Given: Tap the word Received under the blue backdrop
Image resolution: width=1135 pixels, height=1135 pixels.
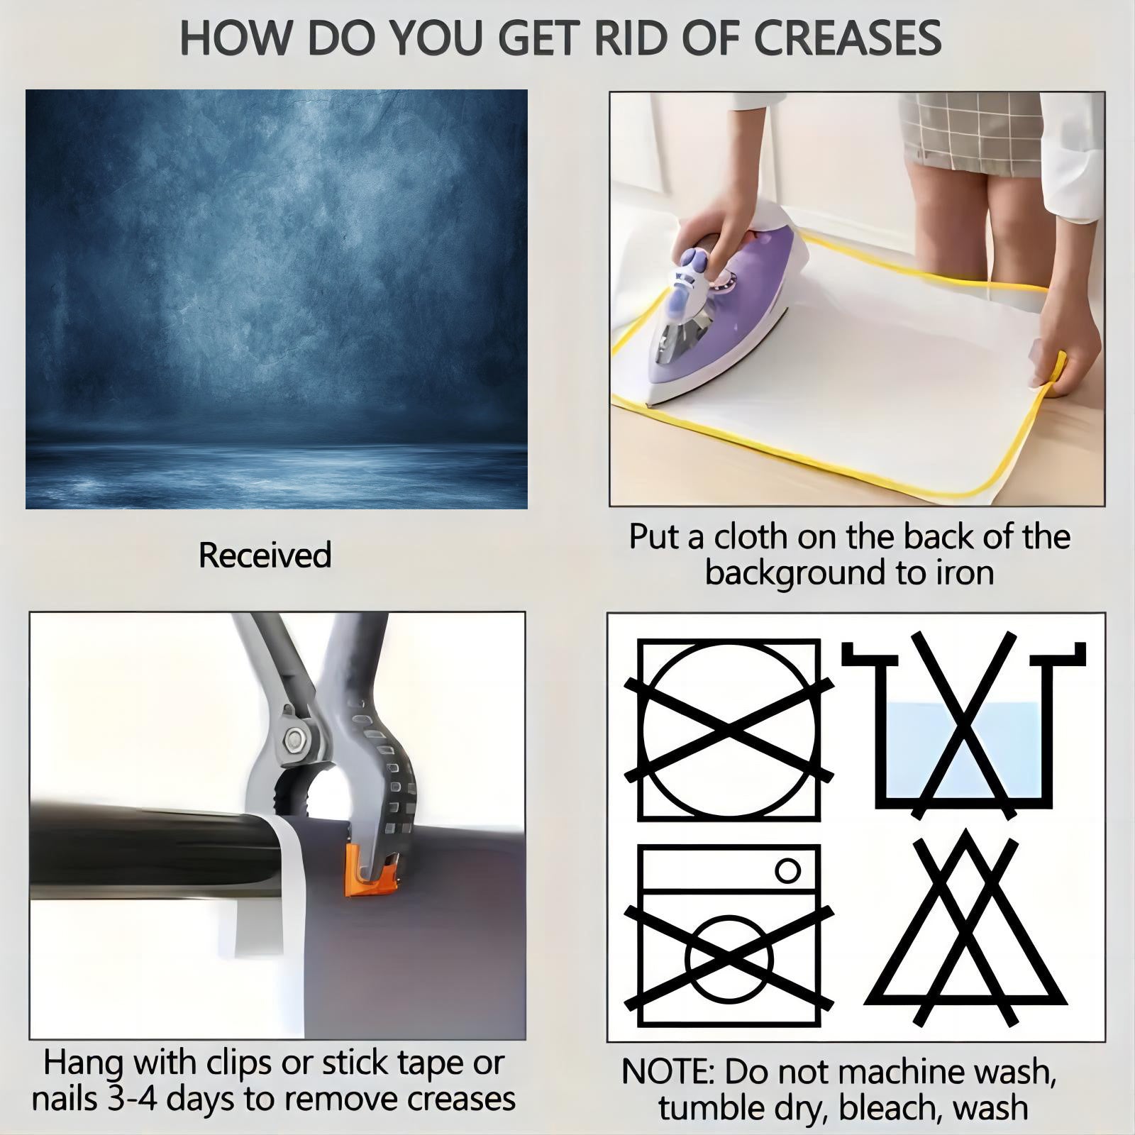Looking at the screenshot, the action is click(x=265, y=555).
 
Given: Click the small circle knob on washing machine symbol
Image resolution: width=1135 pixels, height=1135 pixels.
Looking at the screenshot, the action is click(x=788, y=870).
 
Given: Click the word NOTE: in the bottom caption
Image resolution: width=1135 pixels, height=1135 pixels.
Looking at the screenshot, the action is click(x=668, y=1072).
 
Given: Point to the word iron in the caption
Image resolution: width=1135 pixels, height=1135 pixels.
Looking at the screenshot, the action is click(x=964, y=572).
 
